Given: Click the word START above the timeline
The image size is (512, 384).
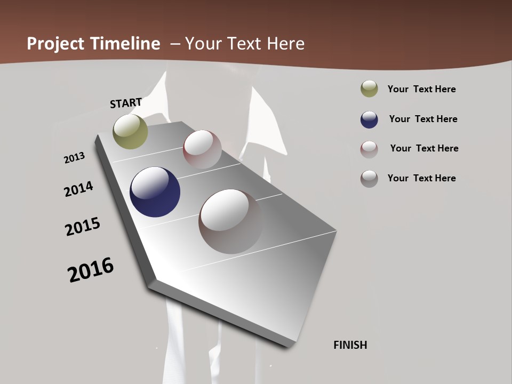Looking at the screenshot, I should pyautogui.click(x=126, y=102).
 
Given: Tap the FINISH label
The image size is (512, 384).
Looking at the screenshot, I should pyautogui.click(x=350, y=345).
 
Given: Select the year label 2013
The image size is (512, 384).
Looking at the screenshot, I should pyautogui.click(x=74, y=158).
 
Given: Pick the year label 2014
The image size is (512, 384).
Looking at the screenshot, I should pyautogui.click(x=78, y=189).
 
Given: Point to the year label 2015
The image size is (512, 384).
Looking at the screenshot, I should pyautogui.click(x=83, y=227).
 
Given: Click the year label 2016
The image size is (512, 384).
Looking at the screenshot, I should pyautogui.click(x=91, y=270).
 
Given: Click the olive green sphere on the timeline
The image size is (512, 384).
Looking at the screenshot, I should pyautogui.click(x=131, y=131).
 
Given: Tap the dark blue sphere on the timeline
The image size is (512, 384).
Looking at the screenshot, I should pyautogui.click(x=155, y=192).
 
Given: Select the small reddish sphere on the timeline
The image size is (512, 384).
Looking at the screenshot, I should pyautogui.click(x=202, y=149).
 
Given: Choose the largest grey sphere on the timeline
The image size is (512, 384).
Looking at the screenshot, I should pyautogui.click(x=231, y=221).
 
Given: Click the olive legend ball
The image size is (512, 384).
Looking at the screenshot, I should pyautogui.click(x=369, y=89).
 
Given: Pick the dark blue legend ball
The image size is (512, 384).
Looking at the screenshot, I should pyautogui.click(x=369, y=119).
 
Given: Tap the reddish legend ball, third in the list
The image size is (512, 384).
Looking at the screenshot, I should pyautogui.click(x=369, y=149).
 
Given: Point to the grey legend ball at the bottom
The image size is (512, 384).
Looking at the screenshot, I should pyautogui.click(x=369, y=179).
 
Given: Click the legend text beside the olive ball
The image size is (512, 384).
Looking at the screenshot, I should pyautogui.click(x=421, y=89).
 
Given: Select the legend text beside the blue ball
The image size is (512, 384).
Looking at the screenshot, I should pyautogui.click(x=423, y=119).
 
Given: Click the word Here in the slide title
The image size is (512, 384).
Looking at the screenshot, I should pyautogui.click(x=285, y=44).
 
